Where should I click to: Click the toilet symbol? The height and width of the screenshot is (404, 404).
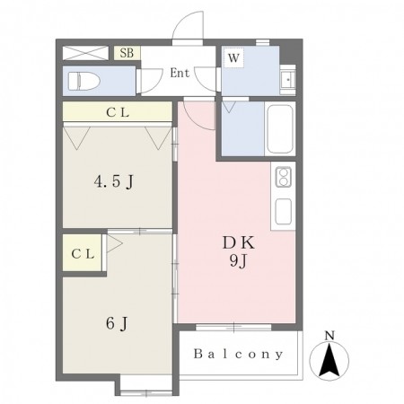(x=84, y=81)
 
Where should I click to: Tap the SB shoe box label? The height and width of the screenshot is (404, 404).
(x=127, y=53)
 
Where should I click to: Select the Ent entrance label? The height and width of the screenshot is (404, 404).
(x=180, y=73)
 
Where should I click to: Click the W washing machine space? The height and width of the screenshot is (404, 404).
(x=233, y=57)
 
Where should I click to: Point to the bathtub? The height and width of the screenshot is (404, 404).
(x=280, y=129)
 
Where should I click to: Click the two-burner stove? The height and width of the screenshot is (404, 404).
(x=283, y=177)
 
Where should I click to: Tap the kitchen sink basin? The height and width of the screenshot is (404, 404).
(x=283, y=211)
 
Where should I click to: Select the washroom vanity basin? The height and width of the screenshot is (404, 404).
(x=288, y=80)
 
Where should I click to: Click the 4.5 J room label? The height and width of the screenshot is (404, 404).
(x=114, y=181)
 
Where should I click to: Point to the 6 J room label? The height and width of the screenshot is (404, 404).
(x=117, y=323)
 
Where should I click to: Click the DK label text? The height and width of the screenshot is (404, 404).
(x=239, y=243)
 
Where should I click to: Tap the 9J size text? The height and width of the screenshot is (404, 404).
(x=238, y=261)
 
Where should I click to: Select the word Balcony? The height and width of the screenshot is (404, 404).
(x=238, y=354)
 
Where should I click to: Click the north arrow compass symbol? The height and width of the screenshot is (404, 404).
(x=329, y=360)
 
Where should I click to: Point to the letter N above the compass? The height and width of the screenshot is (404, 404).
(x=329, y=336)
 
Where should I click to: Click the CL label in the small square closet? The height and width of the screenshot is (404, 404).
(x=83, y=254)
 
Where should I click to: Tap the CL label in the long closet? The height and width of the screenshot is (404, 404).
(x=118, y=112)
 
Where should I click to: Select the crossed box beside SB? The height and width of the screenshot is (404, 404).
(x=85, y=53)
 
